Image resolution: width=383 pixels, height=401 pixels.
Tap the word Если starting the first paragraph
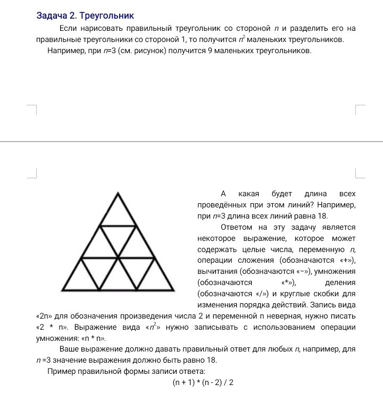point(68,28)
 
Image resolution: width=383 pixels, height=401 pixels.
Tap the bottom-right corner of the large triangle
point(173,290)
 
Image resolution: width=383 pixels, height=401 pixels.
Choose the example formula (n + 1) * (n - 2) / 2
point(203,382)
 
